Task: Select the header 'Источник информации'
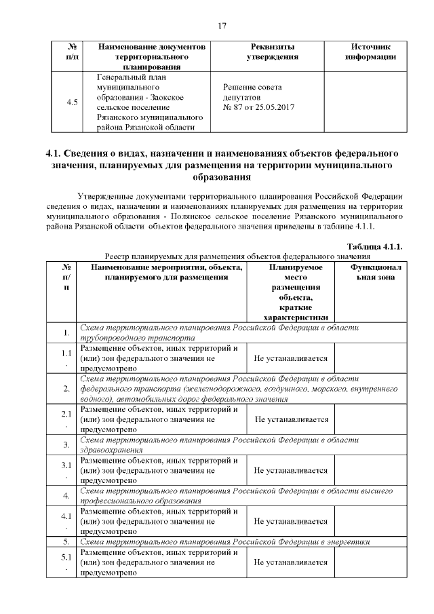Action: tap(370, 52)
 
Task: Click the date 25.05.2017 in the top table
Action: tap(275, 107)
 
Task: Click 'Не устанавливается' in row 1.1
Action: tap(291, 358)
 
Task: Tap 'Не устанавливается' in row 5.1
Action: tap(291, 562)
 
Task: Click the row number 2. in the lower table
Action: tap(66, 389)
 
